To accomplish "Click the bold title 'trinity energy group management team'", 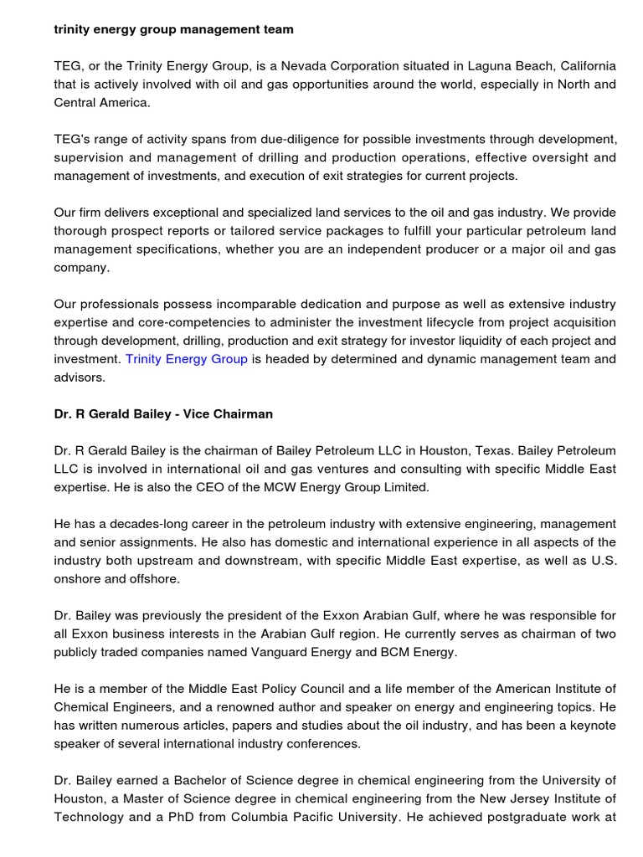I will [x=173, y=29].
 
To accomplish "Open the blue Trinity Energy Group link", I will [x=186, y=359].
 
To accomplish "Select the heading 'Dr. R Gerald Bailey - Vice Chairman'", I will [x=163, y=414].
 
